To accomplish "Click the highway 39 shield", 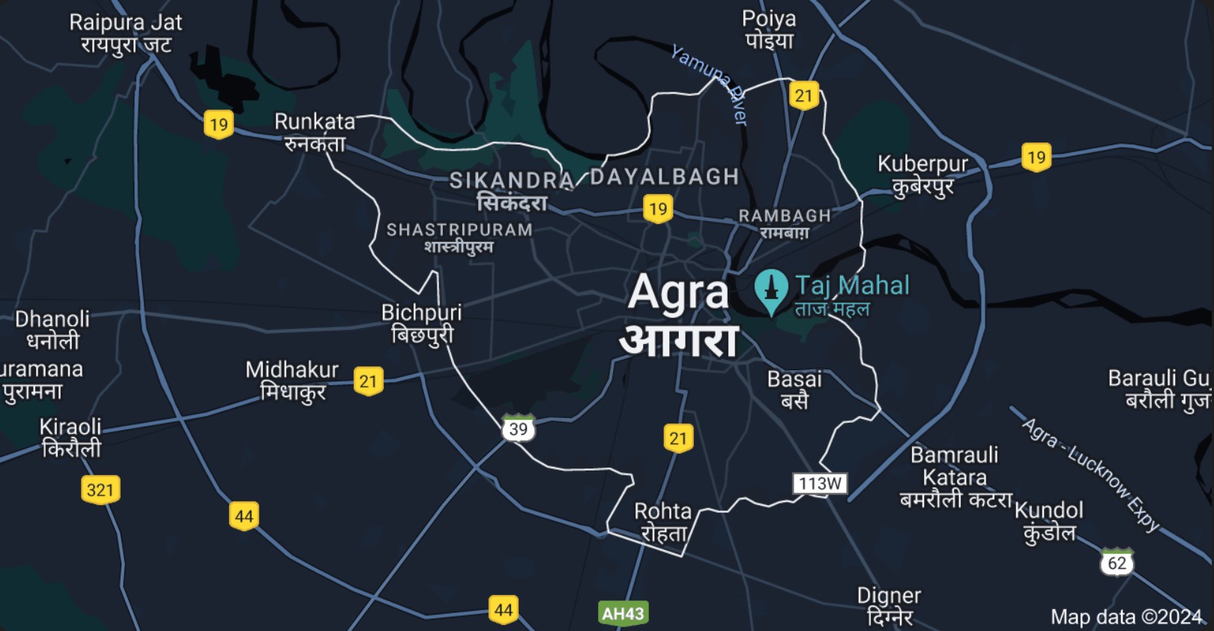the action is (x=519, y=429).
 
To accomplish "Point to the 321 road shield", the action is (x=100, y=490).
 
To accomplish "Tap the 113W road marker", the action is (x=820, y=483).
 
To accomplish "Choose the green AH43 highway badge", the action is (x=623, y=614).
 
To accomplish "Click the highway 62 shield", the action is (x=1117, y=562).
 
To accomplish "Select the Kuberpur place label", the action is (x=922, y=175).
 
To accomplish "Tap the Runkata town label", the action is (x=315, y=132).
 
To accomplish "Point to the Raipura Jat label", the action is (x=126, y=34).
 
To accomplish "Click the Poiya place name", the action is (x=769, y=29).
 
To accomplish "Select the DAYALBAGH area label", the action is (x=665, y=177).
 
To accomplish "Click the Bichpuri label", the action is (x=421, y=323).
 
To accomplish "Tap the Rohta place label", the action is (x=663, y=522).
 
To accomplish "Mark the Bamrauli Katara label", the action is (x=955, y=477).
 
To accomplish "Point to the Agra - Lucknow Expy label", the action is (x=1090, y=474).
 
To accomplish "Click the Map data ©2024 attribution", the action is (x=1126, y=617).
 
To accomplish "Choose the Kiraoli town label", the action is (x=70, y=438).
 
